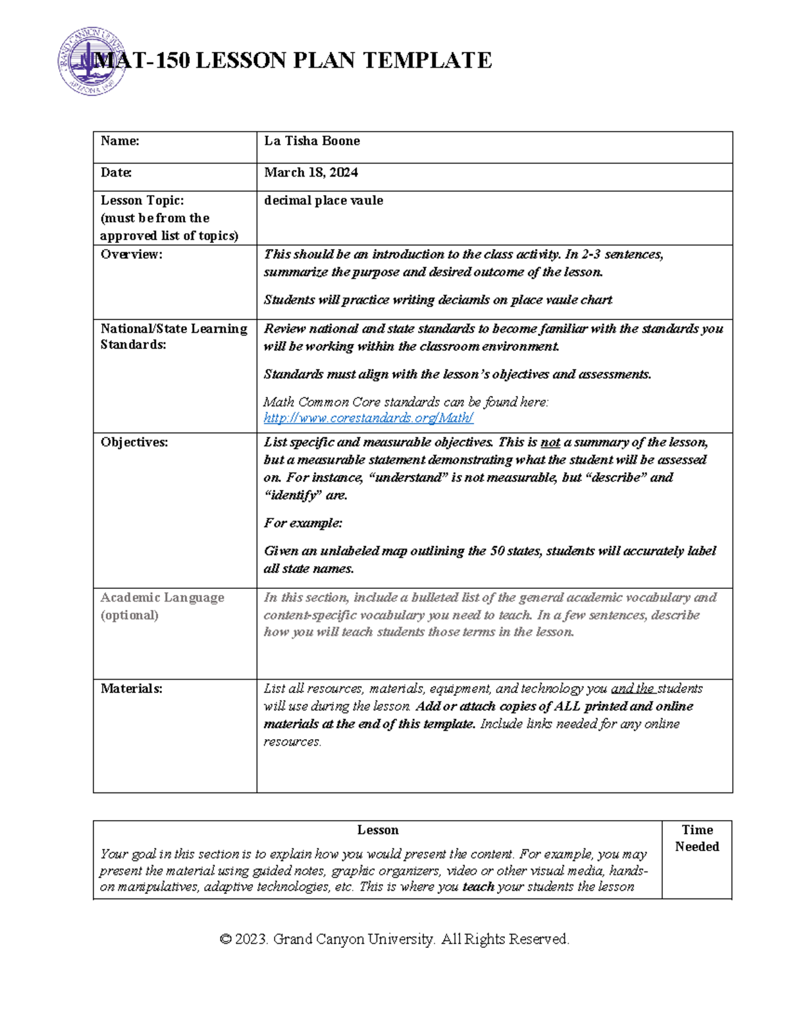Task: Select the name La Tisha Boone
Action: click(x=311, y=141)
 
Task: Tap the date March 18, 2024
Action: click(x=311, y=173)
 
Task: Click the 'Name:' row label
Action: click(x=120, y=141)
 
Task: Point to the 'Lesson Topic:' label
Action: click(x=142, y=200)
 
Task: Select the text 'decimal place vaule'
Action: click(x=323, y=200)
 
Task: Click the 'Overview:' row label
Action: click(x=131, y=254)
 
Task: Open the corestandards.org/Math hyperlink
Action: click(x=368, y=418)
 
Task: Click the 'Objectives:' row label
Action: click(x=134, y=442)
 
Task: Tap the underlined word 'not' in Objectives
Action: click(x=550, y=443)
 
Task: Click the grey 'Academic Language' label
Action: click(x=162, y=597)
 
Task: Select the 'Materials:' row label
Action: click(x=131, y=688)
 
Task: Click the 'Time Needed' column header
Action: click(x=697, y=838)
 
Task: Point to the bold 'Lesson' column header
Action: click(x=377, y=830)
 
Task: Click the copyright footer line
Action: click(x=394, y=939)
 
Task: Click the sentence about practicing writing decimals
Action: click(x=438, y=300)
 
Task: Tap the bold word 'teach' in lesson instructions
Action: click(x=478, y=887)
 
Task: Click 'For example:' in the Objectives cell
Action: click(x=303, y=523)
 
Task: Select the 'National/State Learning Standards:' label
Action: click(x=173, y=336)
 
